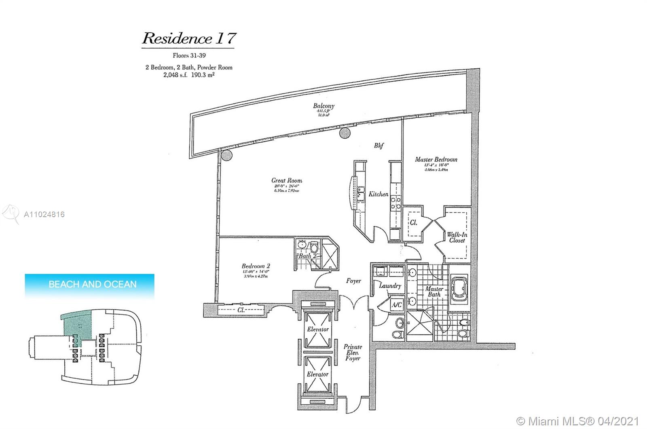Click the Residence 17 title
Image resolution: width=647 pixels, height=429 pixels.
coord(188,38)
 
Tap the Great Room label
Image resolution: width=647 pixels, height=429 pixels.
coord(287,180)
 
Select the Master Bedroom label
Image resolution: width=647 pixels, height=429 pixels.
coord(436,159)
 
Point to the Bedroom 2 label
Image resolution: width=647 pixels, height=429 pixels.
coord(256,266)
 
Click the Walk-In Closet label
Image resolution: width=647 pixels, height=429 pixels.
coord(457,237)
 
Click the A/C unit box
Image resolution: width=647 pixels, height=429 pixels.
coord(397,304)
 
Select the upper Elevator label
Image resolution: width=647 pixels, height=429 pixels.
coord(317,329)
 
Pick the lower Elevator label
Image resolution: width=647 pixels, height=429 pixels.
coord(317,374)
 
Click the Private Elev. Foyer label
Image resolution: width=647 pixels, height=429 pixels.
coord(353,352)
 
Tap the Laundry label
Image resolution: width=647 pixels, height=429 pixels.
coord(390,285)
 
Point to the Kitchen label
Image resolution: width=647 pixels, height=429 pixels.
coord(378,194)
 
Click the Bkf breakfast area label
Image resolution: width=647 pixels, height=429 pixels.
coord(378,146)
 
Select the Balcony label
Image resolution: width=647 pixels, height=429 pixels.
coord(323,106)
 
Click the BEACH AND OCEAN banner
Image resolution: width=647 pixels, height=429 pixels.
coord(90,284)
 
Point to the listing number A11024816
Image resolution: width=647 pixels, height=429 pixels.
coord(44,215)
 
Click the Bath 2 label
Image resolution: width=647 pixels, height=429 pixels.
coord(305,256)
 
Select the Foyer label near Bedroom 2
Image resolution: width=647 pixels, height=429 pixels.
coord(353,281)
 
